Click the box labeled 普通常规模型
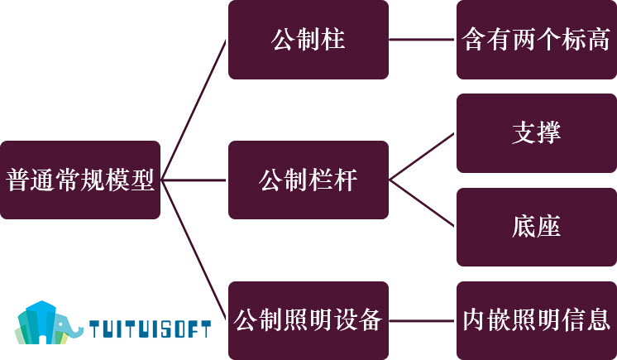80,180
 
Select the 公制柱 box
308,40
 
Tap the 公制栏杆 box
308,180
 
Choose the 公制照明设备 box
308,320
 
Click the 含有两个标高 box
537,40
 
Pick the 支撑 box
537,133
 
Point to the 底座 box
537,227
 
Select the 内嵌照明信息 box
537,320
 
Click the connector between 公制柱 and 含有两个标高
423,40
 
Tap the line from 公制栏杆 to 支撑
423,156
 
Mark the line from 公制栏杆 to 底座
423,204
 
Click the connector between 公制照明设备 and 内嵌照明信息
423,320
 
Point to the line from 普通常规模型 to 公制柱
194,110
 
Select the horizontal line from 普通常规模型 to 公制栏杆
194,180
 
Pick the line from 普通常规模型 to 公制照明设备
194,250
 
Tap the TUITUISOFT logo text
150,329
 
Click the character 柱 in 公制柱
332,40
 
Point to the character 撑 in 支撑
549,132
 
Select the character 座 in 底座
549,227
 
